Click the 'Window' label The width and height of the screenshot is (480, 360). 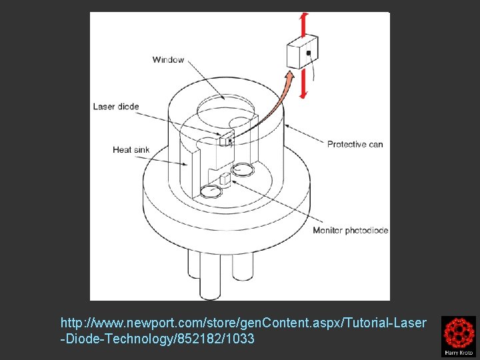click(x=168, y=60)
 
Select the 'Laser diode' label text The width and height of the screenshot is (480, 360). click(x=116, y=107)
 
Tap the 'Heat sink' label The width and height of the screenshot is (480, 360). click(x=131, y=150)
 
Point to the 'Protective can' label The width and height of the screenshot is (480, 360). click(x=355, y=144)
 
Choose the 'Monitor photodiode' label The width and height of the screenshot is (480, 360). click(x=351, y=231)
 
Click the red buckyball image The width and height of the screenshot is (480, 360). click(x=458, y=331)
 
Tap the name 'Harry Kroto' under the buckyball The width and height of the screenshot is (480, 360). click(x=458, y=352)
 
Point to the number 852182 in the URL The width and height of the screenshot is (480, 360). click(x=203, y=339)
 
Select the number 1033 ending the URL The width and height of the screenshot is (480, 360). click(x=241, y=339)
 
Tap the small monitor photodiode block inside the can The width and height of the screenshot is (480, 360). click(x=225, y=179)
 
